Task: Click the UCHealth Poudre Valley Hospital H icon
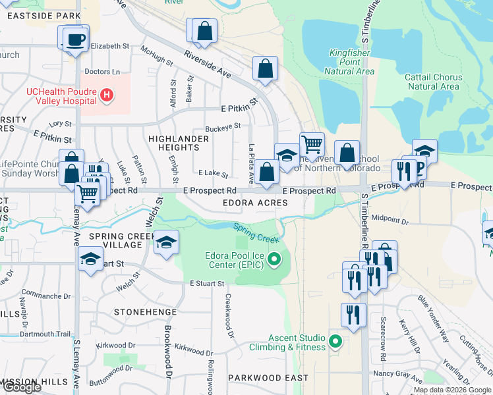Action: tap(106, 95)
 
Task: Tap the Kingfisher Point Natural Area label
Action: tap(351, 62)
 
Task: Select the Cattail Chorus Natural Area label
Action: tap(434, 82)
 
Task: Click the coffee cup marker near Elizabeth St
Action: tap(75, 39)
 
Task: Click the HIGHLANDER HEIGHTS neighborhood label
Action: tap(174, 144)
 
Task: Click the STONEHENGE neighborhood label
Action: tap(145, 311)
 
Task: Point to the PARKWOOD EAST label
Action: tap(268, 378)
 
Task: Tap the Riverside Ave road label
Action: tap(207, 64)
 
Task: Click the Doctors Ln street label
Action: tap(102, 71)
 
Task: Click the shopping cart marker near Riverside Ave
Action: tap(311, 144)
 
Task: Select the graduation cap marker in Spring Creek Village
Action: tap(167, 243)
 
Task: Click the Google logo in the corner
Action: tap(22, 387)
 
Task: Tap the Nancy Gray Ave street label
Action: tap(398, 375)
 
